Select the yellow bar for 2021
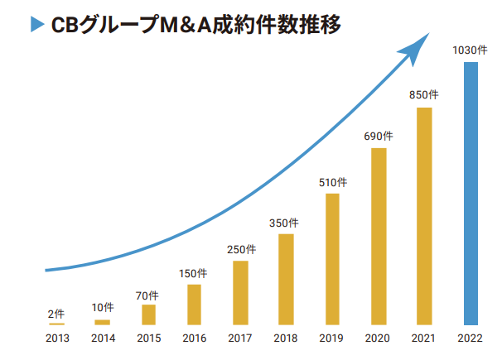tap(424, 215)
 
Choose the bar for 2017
tap(240, 292)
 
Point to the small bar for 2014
tap(102, 322)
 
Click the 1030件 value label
tap(469, 50)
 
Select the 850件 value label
tap(424, 95)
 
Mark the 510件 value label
tap(332, 181)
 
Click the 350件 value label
tap(286, 223)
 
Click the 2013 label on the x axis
tap(56, 338)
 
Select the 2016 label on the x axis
tap(194, 338)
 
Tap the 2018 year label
tap(286, 338)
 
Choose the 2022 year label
tap(470, 338)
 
